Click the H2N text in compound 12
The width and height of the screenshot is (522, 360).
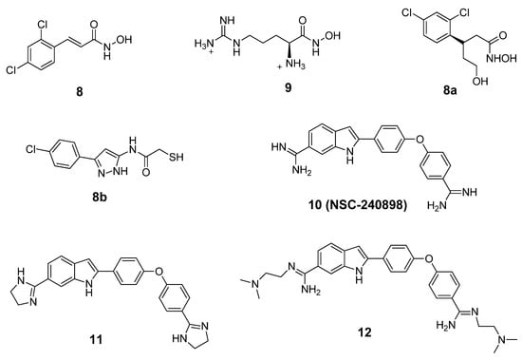[x=421, y=325]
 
